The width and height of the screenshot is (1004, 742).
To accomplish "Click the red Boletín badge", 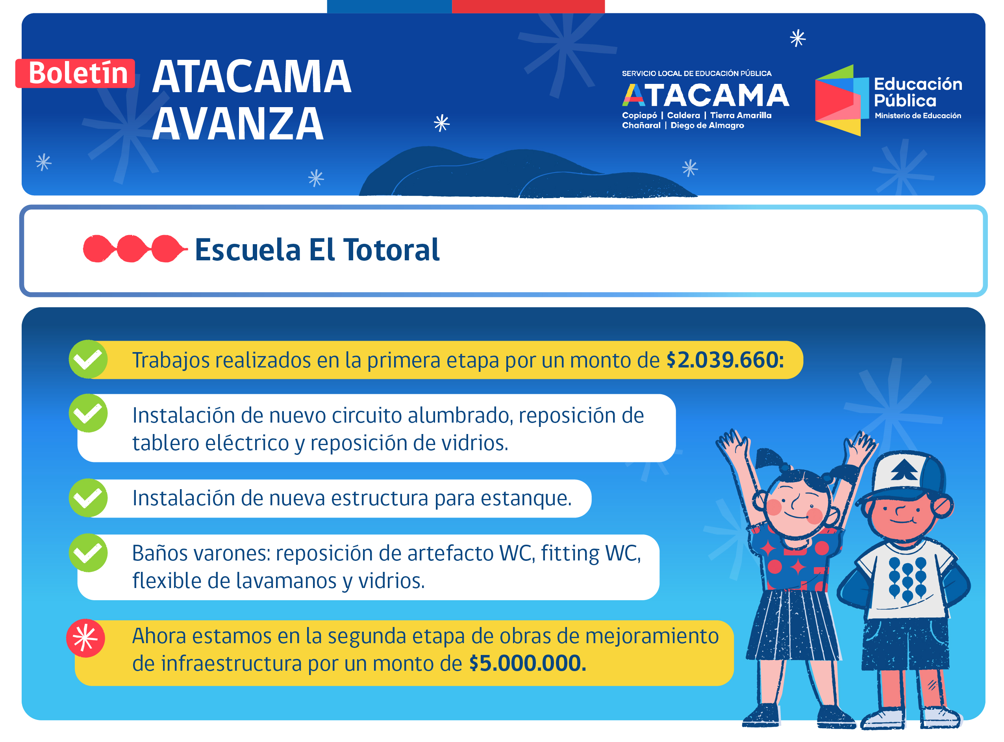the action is tap(75, 73).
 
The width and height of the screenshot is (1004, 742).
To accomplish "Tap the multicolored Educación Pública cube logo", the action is tap(842, 100).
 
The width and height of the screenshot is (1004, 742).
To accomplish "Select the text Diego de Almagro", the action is tap(707, 125).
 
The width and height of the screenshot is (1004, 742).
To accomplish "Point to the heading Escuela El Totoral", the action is tap(317, 250).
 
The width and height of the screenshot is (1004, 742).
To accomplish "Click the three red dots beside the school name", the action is tap(135, 249).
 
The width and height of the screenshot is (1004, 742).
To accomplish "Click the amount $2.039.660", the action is tap(725, 360).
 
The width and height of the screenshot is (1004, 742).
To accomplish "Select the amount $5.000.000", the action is tap(528, 663).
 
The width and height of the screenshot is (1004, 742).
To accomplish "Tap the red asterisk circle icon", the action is tap(85, 639).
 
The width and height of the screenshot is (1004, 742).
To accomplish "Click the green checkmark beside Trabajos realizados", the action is tap(88, 359).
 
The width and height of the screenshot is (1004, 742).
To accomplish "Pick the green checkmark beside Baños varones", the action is tap(88, 553).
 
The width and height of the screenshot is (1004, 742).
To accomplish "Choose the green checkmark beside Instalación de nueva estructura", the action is tap(88, 498).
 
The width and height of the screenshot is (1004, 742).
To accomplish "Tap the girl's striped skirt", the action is tap(793, 625).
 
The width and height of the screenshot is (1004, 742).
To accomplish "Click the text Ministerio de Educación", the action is tap(918, 116).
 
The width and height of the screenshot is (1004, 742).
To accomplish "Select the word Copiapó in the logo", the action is tap(639, 115).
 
